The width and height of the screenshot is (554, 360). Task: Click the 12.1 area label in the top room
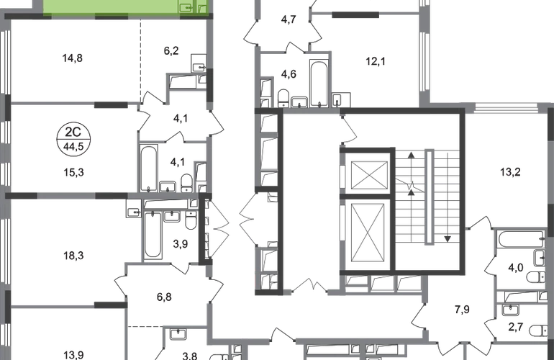point(373,62)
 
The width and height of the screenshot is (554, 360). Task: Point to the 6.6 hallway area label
point(164,295)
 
